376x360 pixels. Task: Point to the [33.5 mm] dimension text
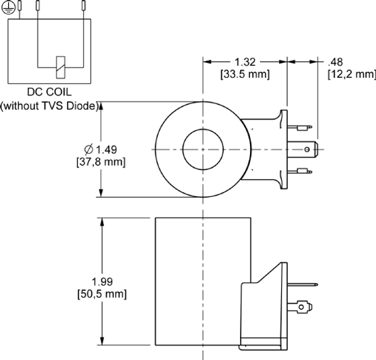pyautogui.click(x=244, y=74)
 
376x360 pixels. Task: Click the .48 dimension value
pyautogui.click(x=335, y=62)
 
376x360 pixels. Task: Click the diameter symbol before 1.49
pyautogui.click(x=88, y=149)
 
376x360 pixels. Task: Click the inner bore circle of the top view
pyautogui.click(x=202, y=150)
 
